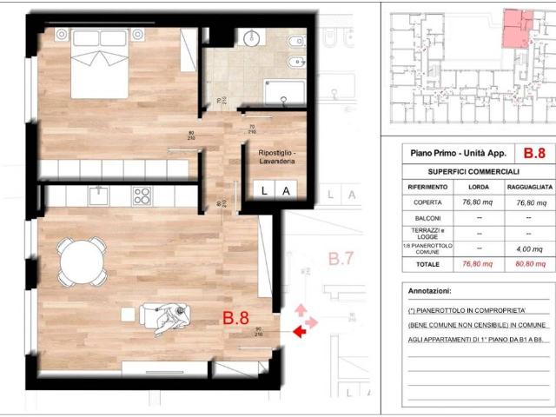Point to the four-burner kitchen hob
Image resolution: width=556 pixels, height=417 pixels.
[x=142, y=195]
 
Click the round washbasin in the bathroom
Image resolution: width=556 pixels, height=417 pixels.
[x=251, y=37]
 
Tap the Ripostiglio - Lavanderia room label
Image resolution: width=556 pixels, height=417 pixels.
[x=275, y=158]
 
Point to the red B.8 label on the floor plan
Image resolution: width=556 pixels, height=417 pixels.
[x=236, y=319]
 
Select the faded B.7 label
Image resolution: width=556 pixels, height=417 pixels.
[x=340, y=258]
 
